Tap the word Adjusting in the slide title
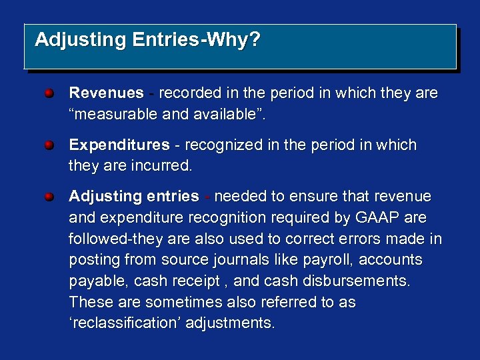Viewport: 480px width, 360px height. tap(80, 40)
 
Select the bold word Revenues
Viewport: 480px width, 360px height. tap(107, 93)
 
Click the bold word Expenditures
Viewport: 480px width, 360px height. tap(119, 145)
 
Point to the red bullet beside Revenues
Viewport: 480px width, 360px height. tap(50, 93)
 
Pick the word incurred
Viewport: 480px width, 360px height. tap(161, 166)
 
